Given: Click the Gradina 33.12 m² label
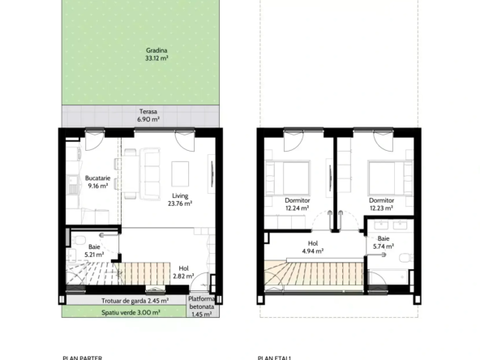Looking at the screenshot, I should (x=152, y=54).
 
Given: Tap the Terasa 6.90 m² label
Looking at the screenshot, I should (x=148, y=115).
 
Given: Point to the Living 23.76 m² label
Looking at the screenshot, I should (x=180, y=200).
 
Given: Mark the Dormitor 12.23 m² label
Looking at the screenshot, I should (x=381, y=204).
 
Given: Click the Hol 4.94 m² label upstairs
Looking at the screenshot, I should (x=312, y=247).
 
